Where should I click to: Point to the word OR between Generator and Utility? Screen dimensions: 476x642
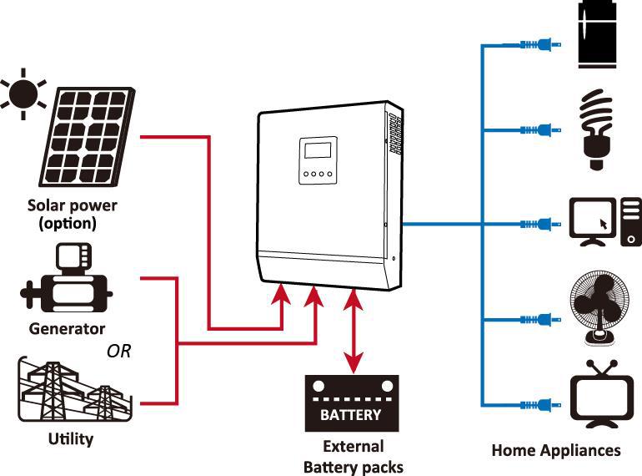pyautogui.click(x=118, y=351)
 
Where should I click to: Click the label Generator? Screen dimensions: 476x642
pyautogui.click(x=67, y=328)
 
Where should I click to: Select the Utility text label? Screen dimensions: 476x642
pyautogui.click(x=70, y=438)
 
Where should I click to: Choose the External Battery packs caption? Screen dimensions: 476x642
pyautogui.click(x=354, y=456)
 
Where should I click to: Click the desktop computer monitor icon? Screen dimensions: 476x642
pyautogui.click(x=593, y=222)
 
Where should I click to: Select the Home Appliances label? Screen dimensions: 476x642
pyautogui.click(x=556, y=450)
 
